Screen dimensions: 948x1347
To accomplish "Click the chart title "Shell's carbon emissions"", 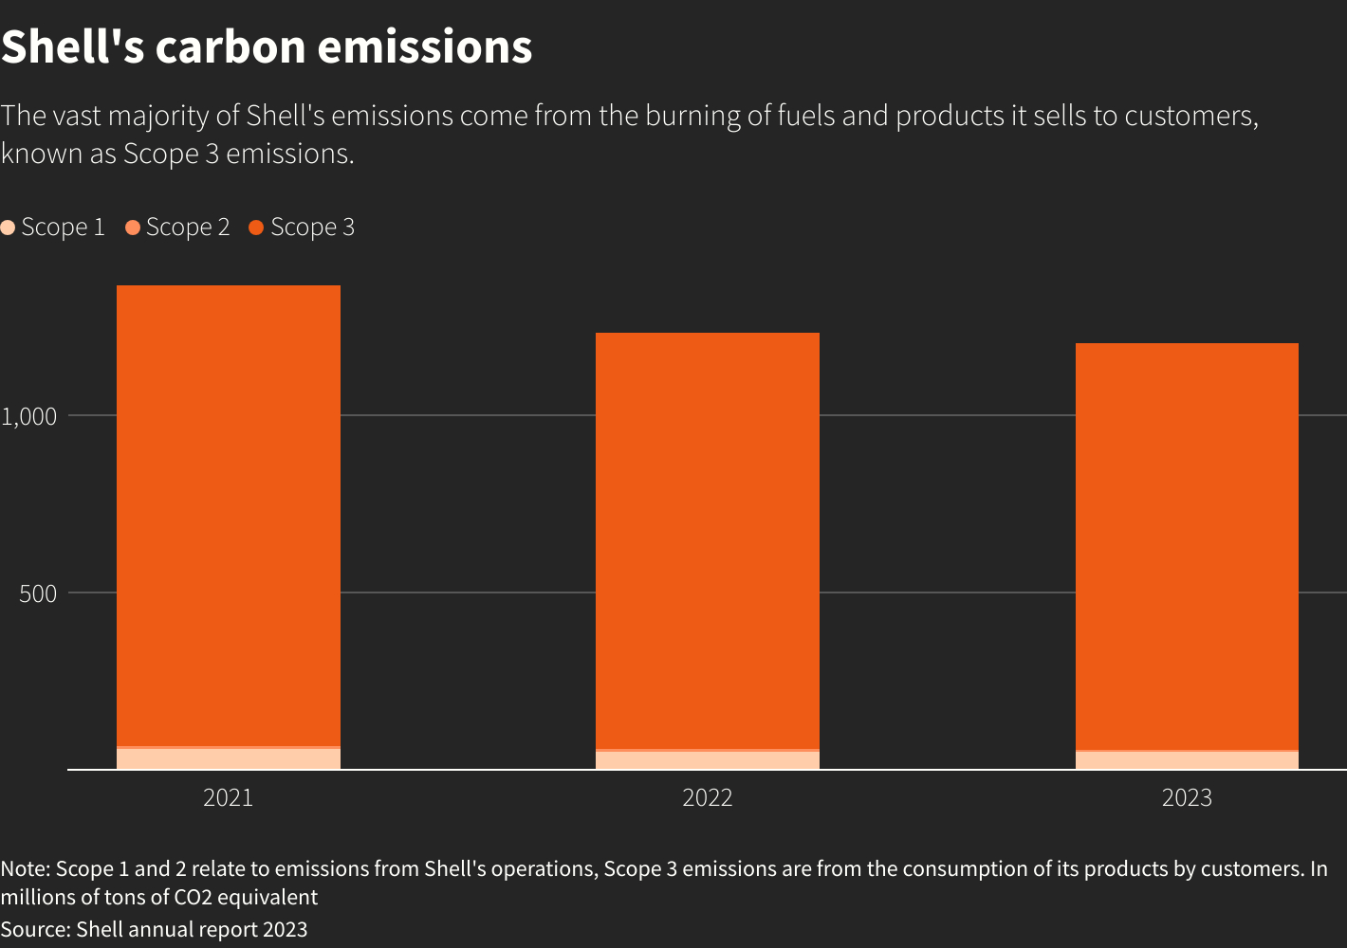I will click(267, 46).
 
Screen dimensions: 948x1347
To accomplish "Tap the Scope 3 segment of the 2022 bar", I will click(707, 540).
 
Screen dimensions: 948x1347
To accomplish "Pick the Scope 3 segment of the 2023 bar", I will click(1187, 546).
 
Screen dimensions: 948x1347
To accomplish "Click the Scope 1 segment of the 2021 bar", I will click(228, 758).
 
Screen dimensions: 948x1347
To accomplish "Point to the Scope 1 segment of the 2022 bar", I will click(707, 760).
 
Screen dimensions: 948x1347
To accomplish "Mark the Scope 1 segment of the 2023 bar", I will click(1187, 760).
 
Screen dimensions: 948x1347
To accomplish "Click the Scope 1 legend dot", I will click(8, 228).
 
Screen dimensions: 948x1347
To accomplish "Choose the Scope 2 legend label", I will click(188, 228).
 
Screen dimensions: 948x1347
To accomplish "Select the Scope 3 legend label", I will click(312, 228).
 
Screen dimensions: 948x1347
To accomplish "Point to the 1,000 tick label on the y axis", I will click(29, 416).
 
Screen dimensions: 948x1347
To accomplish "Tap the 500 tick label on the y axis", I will click(38, 593).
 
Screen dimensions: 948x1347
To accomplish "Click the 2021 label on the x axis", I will click(228, 798).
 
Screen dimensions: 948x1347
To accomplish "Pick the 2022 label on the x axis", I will click(707, 798).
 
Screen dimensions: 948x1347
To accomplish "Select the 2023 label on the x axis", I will click(1187, 798).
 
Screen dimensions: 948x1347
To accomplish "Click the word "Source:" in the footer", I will click(35, 929).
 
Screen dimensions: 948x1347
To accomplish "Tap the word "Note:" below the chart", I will click(26, 868).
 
